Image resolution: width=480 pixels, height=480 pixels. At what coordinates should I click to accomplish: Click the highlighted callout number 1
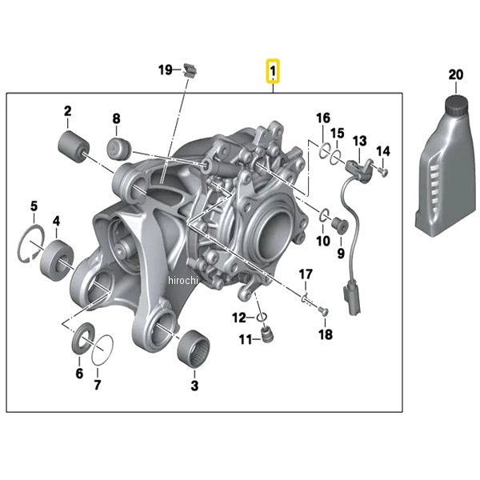273,74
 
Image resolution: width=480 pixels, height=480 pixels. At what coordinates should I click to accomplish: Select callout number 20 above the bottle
456,74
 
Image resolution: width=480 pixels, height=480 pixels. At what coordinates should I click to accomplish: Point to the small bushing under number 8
120,148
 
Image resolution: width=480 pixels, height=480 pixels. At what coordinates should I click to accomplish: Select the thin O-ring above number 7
102,350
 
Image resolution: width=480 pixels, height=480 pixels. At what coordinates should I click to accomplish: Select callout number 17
306,275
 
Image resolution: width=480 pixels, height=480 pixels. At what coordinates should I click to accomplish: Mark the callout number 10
322,240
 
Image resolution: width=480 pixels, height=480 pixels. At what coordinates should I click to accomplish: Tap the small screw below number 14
383,169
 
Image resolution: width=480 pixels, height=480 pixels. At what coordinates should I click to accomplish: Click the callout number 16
322,118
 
